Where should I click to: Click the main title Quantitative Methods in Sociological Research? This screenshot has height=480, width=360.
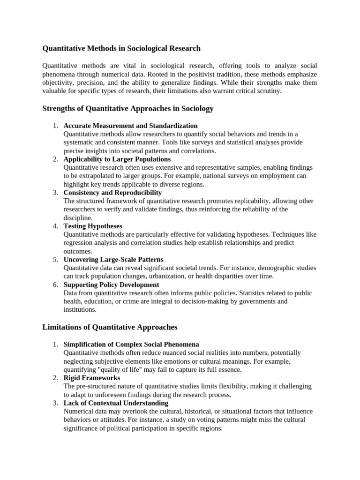tap(121, 48)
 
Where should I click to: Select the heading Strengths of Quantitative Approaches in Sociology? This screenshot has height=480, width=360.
tap(128, 109)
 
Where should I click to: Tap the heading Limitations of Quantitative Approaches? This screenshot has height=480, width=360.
tap(110, 327)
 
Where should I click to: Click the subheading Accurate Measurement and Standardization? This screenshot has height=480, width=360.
tap(130, 126)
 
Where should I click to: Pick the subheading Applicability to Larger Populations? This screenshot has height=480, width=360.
tap(117, 159)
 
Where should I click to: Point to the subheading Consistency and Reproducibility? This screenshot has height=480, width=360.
tap(112, 193)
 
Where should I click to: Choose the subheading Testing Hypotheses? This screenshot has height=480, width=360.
tap(92, 226)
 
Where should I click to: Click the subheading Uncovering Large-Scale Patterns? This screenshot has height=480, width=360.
tap(113, 259)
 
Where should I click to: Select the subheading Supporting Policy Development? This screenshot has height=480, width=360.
tap(111, 285)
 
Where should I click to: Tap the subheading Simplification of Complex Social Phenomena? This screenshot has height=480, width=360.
tap(131, 344)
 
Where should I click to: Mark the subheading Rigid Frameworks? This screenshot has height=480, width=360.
tap(91, 377)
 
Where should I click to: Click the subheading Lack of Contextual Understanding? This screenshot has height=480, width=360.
tap(116, 403)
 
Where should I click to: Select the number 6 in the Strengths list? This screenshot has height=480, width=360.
tap(55, 285)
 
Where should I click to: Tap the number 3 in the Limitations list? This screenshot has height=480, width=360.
tap(55, 403)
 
